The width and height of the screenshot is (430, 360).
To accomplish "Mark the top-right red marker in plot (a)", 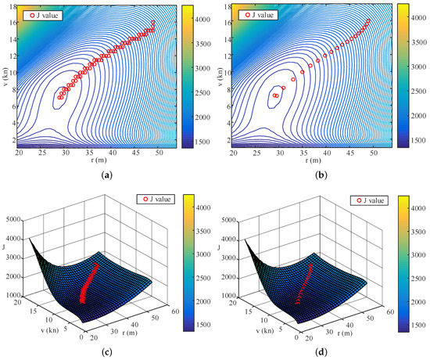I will [x=153, y=23].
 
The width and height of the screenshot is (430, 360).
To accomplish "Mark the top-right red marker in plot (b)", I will [x=368, y=21].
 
